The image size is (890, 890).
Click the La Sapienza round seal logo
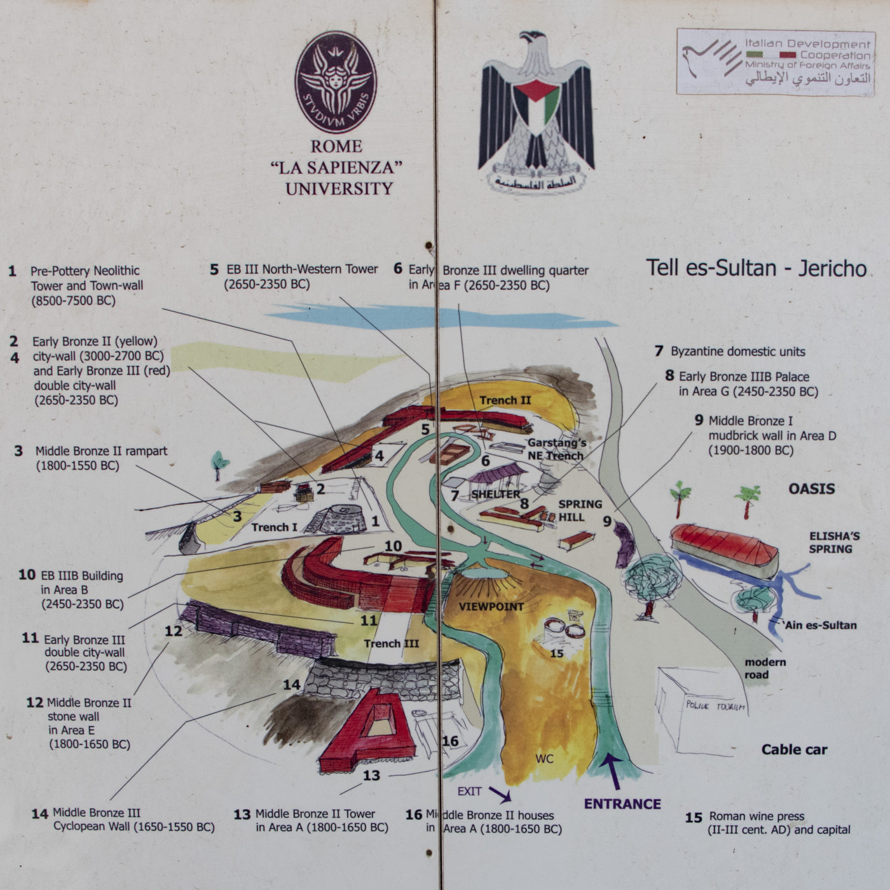336,83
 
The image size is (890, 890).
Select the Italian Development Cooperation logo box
776,62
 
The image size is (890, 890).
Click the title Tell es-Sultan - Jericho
756,268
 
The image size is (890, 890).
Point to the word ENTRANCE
622,804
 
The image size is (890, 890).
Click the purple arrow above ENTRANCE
613,769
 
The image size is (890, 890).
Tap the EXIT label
470,791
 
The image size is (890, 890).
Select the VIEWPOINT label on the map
491,606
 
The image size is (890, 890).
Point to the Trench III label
391,643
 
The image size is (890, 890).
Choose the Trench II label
505,400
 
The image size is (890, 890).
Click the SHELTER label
495,494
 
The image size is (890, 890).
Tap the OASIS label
812,489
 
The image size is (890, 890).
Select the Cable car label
794,750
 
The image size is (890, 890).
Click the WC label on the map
544,758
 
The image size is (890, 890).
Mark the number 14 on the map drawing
291,685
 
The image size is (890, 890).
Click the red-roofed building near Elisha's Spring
725,550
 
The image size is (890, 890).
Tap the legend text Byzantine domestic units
737,352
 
